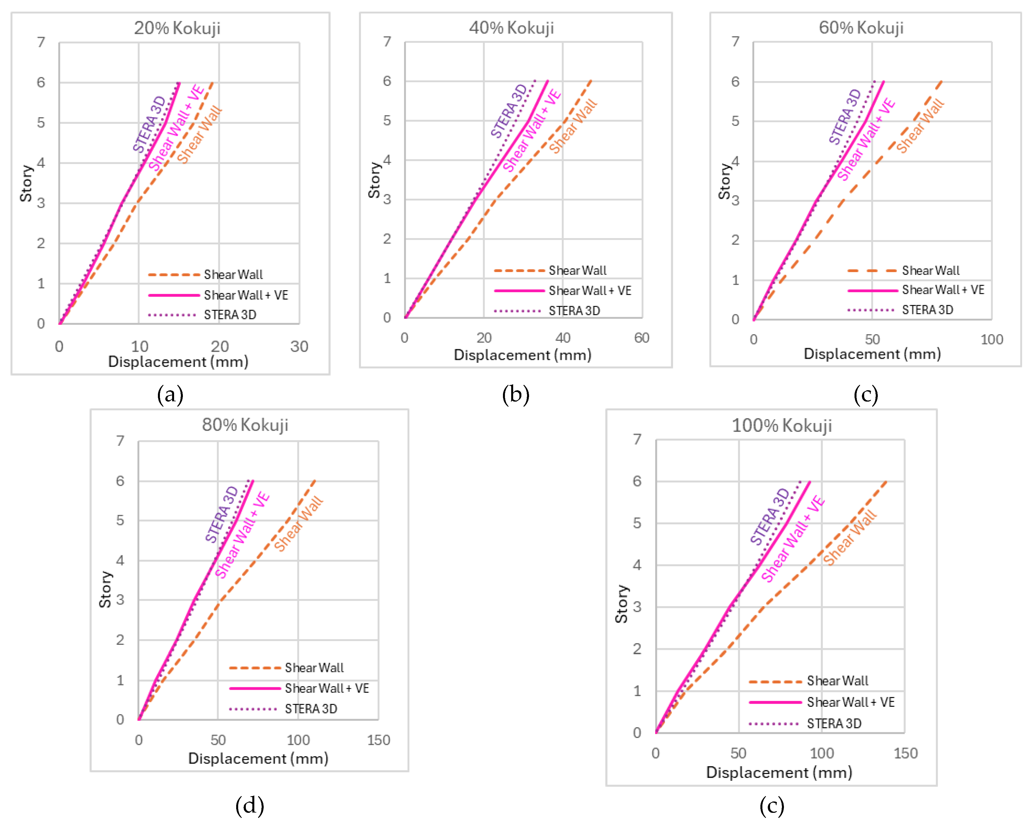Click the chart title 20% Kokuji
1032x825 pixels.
click(177, 28)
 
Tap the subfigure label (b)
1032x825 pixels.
click(515, 395)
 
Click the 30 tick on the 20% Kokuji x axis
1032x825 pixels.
click(299, 346)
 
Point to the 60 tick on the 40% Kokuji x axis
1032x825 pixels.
click(641, 338)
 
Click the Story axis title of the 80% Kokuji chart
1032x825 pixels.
click(105, 589)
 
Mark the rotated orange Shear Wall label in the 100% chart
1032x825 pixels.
click(850, 538)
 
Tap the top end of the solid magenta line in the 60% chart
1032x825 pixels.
click(883, 82)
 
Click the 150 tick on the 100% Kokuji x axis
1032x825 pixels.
click(905, 753)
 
